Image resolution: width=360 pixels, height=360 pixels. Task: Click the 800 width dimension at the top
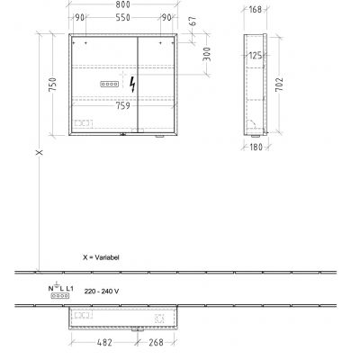pos(132,6)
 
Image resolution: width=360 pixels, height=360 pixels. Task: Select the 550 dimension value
pos(132,19)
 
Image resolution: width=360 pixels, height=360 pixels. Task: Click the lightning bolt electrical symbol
pos(134,85)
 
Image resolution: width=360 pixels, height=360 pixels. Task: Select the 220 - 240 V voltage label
pos(99,292)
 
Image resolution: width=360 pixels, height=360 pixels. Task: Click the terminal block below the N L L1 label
pos(60,294)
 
